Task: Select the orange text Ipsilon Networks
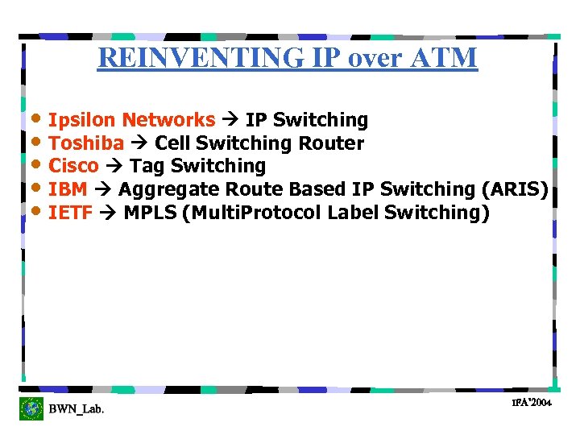click(x=131, y=121)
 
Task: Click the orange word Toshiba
click(x=86, y=144)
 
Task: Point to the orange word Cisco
click(x=73, y=167)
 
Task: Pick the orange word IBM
click(x=68, y=190)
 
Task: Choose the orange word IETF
click(x=70, y=213)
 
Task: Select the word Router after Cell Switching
click(x=331, y=144)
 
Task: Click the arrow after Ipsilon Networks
click(x=230, y=121)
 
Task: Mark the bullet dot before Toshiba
click(x=35, y=142)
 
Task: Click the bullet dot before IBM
click(x=35, y=188)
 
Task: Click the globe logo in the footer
click(x=31, y=408)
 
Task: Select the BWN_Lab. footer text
click(x=77, y=410)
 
